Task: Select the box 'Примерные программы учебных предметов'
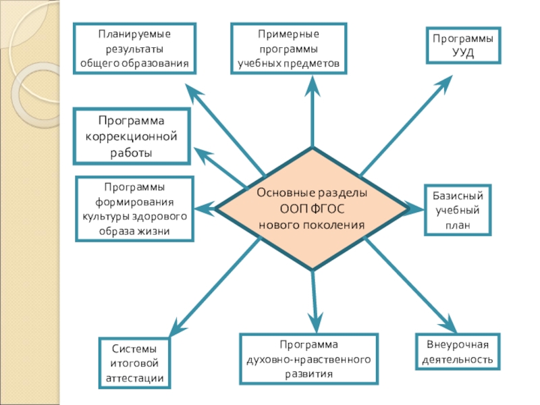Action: coord(289,49)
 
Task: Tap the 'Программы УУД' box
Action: coord(462,46)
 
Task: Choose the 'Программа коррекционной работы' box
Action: coord(132,137)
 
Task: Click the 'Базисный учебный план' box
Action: coord(454,211)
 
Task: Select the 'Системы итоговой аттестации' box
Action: coord(135,364)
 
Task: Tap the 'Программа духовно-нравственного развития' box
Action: coord(308,358)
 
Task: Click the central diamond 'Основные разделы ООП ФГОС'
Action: coord(312,209)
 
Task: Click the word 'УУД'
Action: coord(463,53)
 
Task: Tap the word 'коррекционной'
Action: coord(132,137)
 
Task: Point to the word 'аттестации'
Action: coord(135,378)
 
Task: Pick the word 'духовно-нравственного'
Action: coord(308,359)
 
